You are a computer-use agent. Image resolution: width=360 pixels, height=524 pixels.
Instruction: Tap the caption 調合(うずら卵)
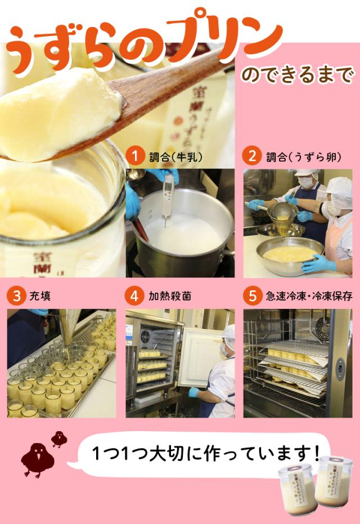pyautogui.click(x=303, y=156)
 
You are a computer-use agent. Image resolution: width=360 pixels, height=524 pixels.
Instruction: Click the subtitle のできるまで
pyautogui.click(x=298, y=75)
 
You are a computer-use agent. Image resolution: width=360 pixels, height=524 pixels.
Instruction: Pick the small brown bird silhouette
pyautogui.click(x=58, y=438)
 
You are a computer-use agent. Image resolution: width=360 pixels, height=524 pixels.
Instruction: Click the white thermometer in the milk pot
pyautogui.click(x=168, y=197)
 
